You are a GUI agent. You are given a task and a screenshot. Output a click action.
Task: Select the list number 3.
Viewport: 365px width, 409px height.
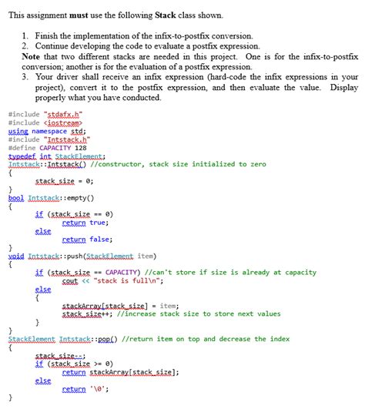tap(26, 78)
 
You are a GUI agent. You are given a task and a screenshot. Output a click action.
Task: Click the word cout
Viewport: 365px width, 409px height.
tap(70, 281)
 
